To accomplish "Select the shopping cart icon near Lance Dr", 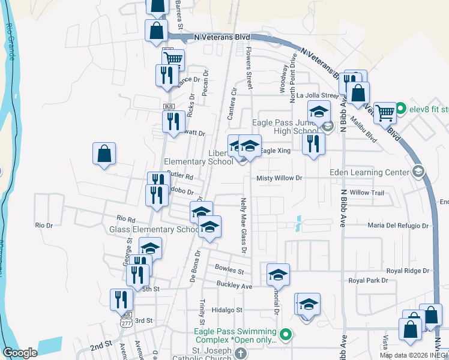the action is pyautogui.click(x=173, y=59).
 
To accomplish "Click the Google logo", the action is pyautogui.click(x=20, y=352).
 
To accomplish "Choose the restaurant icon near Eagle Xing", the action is pyautogui.click(x=313, y=144).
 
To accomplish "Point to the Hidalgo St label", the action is pyautogui.click(x=227, y=310).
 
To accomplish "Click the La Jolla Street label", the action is pyautogui.click(x=322, y=95).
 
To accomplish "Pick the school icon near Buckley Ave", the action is pyautogui.click(x=278, y=274).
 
